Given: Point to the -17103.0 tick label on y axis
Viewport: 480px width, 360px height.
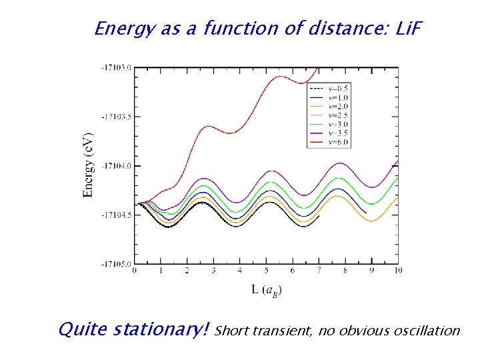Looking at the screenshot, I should (117, 67).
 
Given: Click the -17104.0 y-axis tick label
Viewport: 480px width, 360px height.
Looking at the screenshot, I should (117, 165).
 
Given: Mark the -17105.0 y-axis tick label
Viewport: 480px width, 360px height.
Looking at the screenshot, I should (117, 264).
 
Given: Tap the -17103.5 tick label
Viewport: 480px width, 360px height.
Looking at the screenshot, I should (117, 117).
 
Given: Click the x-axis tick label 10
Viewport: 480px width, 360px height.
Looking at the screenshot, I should (398, 271).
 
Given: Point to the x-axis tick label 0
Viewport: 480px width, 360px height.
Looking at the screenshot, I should (135, 271).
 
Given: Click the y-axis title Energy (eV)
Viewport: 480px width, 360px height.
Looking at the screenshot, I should (88, 165).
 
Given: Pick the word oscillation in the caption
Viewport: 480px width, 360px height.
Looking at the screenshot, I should (427, 330).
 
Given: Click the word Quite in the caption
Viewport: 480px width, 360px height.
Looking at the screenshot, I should (83, 329).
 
